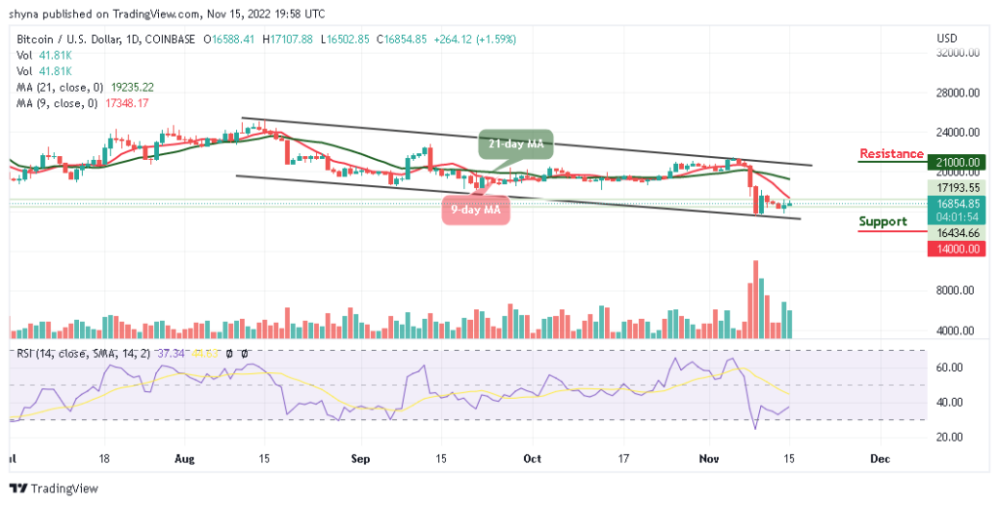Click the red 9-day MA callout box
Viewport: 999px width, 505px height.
click(477, 209)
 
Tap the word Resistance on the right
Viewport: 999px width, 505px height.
click(891, 154)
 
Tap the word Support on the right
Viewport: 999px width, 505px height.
click(882, 222)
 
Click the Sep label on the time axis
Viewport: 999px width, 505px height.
click(361, 457)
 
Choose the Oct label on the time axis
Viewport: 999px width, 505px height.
click(532, 457)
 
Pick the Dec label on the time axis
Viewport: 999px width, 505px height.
click(880, 457)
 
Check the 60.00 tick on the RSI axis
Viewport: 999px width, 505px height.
click(953, 368)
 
